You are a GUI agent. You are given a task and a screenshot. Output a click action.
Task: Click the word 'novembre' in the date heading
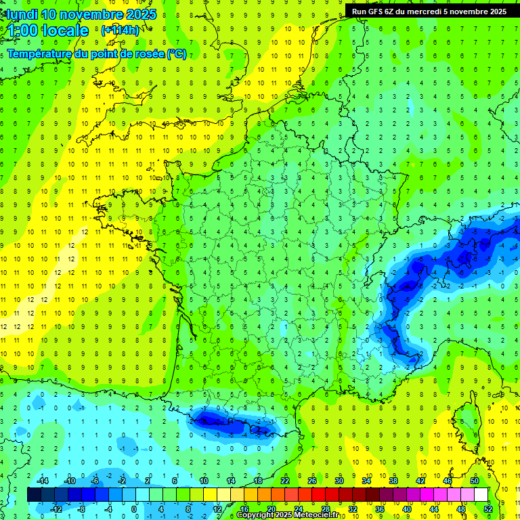(x=92, y=14)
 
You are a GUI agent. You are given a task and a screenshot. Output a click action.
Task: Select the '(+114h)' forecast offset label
(x=120, y=30)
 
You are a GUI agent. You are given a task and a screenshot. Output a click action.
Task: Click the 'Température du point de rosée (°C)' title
(x=96, y=54)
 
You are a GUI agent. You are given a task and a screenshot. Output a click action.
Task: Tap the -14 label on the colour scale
(x=43, y=480)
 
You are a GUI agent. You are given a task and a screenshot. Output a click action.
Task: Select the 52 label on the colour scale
(x=487, y=508)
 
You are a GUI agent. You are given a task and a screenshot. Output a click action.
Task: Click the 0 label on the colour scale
(x=134, y=508)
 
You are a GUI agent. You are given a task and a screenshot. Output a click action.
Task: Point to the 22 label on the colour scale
(x=285, y=480)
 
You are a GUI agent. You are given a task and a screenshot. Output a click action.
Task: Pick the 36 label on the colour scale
(x=379, y=508)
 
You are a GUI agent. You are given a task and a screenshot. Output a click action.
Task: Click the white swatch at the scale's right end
(x=481, y=495)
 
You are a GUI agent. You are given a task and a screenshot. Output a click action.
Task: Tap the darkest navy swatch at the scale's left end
(x=34, y=495)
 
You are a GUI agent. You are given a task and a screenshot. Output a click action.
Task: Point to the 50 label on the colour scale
(x=474, y=480)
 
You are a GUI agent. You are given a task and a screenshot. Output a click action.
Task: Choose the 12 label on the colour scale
(x=217, y=508)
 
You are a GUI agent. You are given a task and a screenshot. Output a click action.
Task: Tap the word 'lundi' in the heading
(x=22, y=14)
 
